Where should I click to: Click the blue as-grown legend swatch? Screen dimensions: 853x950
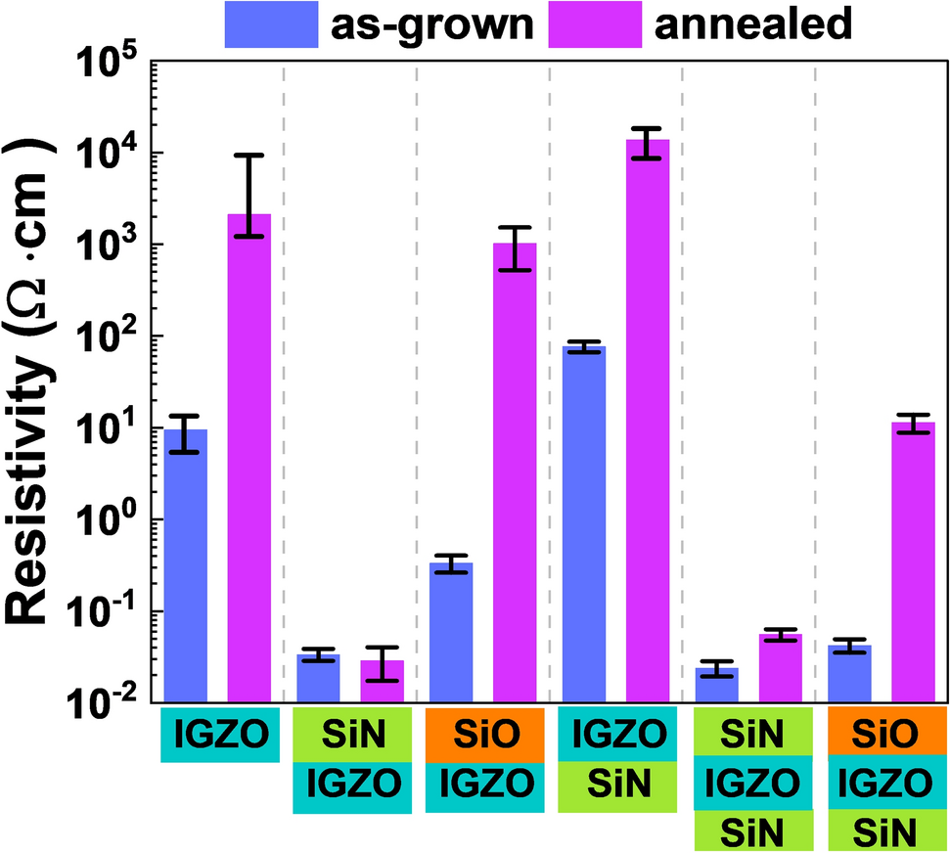(272, 23)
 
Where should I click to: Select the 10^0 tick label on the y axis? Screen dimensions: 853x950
(107, 519)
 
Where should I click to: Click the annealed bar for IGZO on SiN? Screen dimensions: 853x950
(648, 420)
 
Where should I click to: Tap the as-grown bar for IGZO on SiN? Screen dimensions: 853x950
(584, 523)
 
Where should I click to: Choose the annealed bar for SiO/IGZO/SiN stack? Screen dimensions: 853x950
(913, 561)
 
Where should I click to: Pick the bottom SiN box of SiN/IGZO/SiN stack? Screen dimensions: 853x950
(753, 831)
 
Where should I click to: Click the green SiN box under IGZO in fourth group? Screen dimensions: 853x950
(618, 786)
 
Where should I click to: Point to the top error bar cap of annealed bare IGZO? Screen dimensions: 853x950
(249, 155)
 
